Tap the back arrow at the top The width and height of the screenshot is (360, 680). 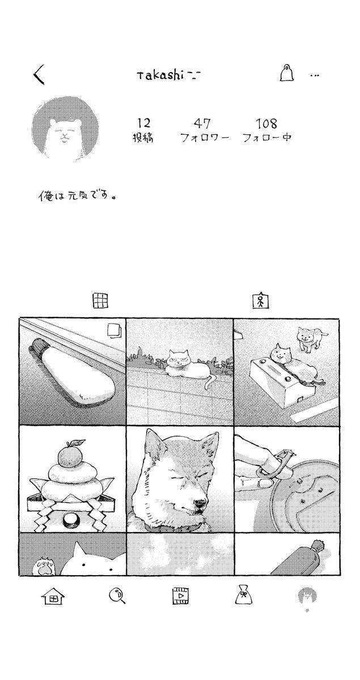click(x=39, y=74)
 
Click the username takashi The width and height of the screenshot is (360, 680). click(x=160, y=75)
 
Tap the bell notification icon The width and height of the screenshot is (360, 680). click(x=287, y=73)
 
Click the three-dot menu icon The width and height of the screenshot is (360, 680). click(x=315, y=75)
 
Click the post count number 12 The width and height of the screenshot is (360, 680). click(x=143, y=124)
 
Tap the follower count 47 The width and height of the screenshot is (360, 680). click(x=202, y=124)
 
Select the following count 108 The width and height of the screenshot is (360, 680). click(x=266, y=124)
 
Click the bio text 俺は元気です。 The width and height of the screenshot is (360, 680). click(x=78, y=196)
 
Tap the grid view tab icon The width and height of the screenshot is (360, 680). click(x=100, y=301)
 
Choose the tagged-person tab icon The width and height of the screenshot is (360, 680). click(x=261, y=300)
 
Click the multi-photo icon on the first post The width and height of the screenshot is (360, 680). click(x=115, y=330)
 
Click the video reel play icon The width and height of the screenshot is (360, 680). click(x=180, y=596)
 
